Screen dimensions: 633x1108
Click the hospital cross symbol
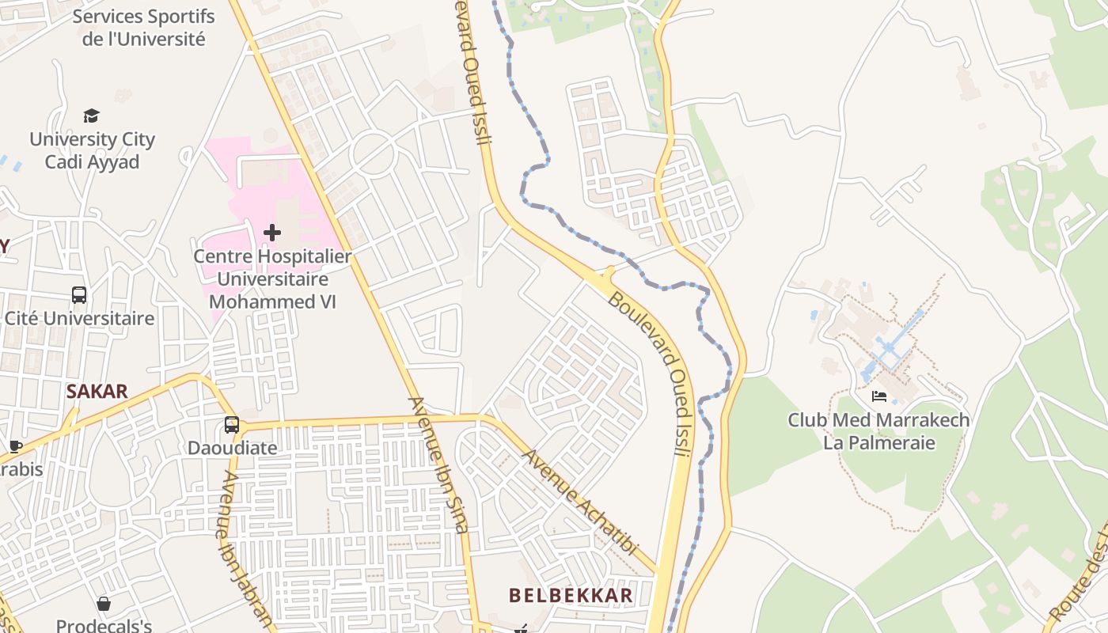[271, 233]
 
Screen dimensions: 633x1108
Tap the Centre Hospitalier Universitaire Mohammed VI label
[272, 279]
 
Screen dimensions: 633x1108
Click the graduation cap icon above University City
[92, 116]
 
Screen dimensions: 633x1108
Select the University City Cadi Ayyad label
[92, 150]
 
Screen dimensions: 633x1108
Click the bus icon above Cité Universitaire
[79, 295]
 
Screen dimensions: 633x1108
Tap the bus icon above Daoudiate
[231, 425]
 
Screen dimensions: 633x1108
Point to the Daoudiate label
[232, 448]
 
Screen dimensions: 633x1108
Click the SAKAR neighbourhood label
[97, 392]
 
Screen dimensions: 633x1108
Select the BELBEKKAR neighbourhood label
[571, 595]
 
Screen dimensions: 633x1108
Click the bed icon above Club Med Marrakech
[878, 396]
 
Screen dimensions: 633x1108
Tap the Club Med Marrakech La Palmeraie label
[878, 431]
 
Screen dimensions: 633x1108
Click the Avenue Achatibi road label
[580, 502]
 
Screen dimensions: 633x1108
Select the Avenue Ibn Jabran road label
[246, 550]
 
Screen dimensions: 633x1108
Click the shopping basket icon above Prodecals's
[103, 604]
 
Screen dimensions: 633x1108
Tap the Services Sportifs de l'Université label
[143, 28]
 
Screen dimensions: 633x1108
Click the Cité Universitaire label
[79, 319]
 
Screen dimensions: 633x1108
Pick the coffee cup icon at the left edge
[15, 446]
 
